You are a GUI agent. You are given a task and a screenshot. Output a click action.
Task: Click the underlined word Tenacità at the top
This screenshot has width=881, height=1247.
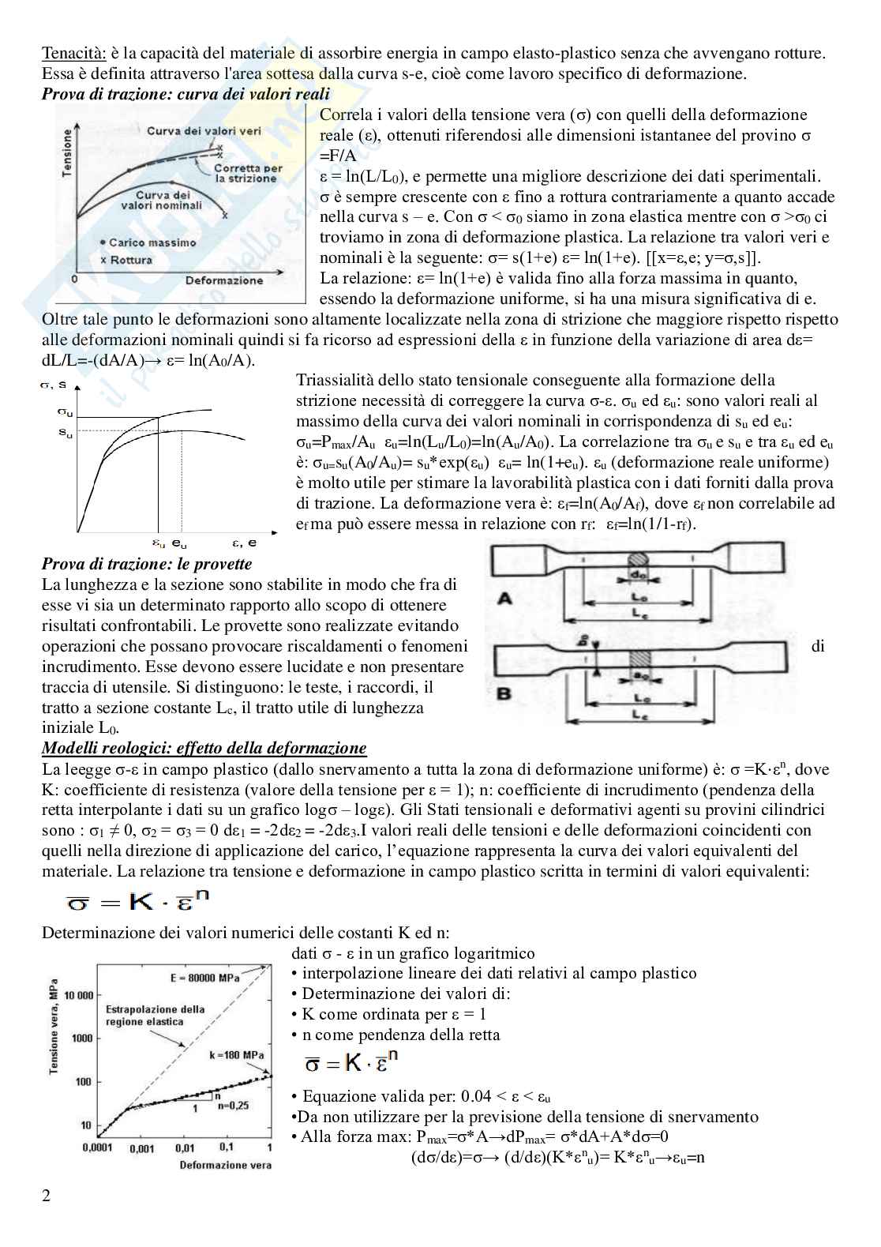pyautogui.click(x=70, y=54)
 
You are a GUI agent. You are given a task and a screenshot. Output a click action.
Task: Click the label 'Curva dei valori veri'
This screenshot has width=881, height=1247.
pyautogui.click(x=204, y=131)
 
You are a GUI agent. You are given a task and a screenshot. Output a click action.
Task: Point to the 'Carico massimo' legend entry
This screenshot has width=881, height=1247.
pyautogui.click(x=148, y=242)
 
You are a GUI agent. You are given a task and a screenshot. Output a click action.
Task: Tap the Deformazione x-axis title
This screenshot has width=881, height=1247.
pyautogui.click(x=224, y=280)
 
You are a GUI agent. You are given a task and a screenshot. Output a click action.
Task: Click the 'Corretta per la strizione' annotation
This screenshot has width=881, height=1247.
pyautogui.click(x=249, y=174)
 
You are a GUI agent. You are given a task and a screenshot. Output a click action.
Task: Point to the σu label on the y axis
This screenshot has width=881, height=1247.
pyautogui.click(x=66, y=411)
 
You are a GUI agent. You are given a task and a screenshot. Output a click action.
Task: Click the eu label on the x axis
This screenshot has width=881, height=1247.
pyautogui.click(x=180, y=543)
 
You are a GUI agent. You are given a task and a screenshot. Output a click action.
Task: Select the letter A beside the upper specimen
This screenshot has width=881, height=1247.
pyautogui.click(x=504, y=599)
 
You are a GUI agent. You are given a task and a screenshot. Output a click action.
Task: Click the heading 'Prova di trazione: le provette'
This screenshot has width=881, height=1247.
pyautogui.click(x=147, y=564)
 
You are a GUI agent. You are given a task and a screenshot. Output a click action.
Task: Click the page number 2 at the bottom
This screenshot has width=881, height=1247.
pyautogui.click(x=46, y=1196)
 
